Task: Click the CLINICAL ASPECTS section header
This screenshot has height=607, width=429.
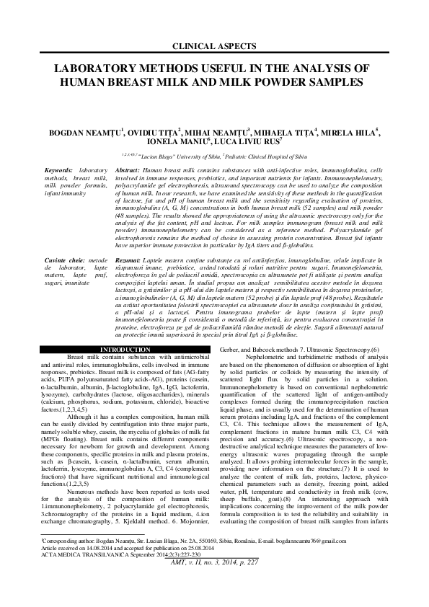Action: point(213,46)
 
